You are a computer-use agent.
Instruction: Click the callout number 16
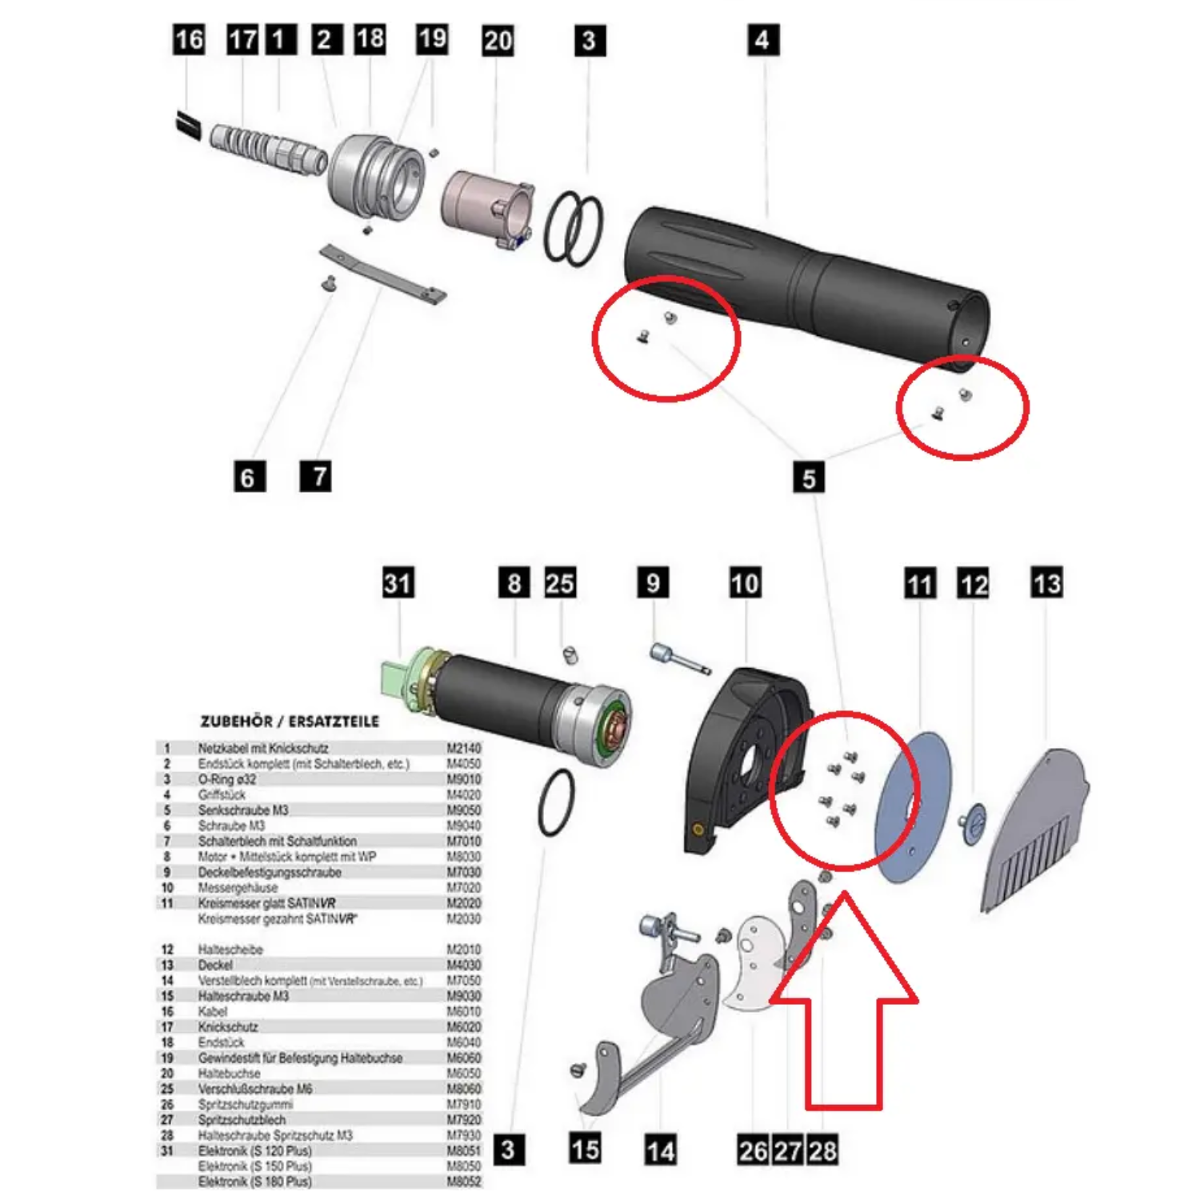click(x=190, y=39)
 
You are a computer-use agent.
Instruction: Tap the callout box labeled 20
click(x=498, y=41)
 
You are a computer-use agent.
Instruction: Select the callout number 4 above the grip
click(x=762, y=40)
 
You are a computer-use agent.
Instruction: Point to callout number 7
click(x=316, y=476)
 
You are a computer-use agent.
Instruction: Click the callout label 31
click(x=398, y=582)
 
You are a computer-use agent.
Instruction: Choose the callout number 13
click(x=1046, y=582)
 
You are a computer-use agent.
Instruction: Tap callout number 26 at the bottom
click(x=753, y=1150)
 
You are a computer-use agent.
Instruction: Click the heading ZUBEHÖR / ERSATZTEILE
click(x=290, y=721)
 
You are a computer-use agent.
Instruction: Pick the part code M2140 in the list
click(x=464, y=748)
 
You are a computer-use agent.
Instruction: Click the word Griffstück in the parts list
click(x=222, y=794)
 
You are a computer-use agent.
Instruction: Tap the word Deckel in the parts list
click(x=215, y=965)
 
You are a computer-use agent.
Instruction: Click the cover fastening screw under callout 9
click(x=678, y=658)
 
